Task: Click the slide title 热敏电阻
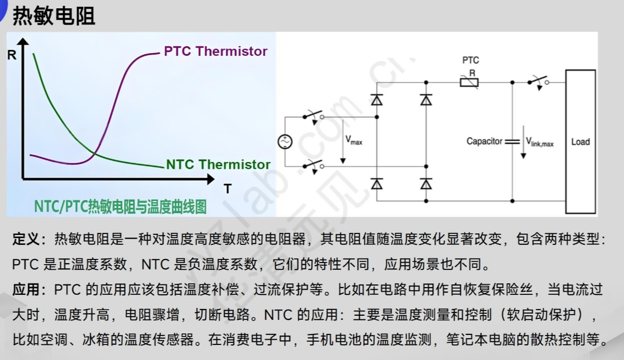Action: (x=54, y=16)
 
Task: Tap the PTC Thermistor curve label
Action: (x=215, y=51)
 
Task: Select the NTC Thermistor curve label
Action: (x=218, y=165)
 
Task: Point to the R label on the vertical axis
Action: (x=11, y=54)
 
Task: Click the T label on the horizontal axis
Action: (x=227, y=189)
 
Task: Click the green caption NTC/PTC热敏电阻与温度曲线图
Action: (x=120, y=207)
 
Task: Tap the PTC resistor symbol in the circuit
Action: (x=469, y=82)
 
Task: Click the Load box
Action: (x=580, y=142)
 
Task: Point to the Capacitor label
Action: (x=484, y=141)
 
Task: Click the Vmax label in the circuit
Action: (x=353, y=140)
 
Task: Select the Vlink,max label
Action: (x=540, y=141)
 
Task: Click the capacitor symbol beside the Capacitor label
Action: (x=512, y=141)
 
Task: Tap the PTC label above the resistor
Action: (x=470, y=60)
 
